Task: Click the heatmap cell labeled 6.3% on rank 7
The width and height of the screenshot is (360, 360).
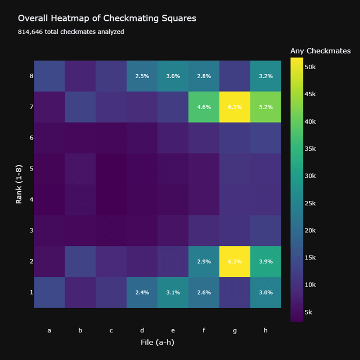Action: coord(235,107)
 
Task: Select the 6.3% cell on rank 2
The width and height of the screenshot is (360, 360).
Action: coord(235,262)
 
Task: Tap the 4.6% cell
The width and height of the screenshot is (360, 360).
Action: coord(204,107)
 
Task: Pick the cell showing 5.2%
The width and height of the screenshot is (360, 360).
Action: coord(265,107)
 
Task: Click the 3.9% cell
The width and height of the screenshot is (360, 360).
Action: coord(265,262)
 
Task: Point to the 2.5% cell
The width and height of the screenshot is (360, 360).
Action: coord(142,76)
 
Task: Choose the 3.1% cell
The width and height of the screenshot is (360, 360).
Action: coord(173,292)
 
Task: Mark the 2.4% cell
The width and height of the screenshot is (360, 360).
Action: coord(142,292)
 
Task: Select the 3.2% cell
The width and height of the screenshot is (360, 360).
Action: coord(265,76)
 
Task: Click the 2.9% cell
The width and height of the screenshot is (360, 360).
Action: coord(204,262)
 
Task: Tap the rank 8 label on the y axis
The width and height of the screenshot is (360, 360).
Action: coord(31,76)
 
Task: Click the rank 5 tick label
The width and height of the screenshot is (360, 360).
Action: coord(31,169)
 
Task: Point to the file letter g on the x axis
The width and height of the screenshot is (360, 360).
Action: coord(235,331)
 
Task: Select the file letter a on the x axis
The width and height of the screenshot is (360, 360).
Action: coord(49,330)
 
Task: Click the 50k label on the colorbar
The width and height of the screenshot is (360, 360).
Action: coord(310,67)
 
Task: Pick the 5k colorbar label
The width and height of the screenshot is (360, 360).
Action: coord(308,312)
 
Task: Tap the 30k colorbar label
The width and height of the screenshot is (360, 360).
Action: coord(310,176)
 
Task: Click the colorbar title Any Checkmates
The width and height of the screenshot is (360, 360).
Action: coord(321,51)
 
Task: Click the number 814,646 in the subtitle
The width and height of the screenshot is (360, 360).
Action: coord(30,31)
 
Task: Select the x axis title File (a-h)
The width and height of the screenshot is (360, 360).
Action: coord(157,343)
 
